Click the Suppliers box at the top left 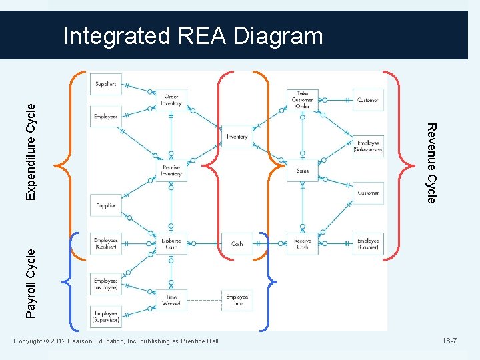pyautogui.click(x=106, y=85)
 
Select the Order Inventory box pyautogui.click(x=171, y=100)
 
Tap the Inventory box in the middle pyautogui.click(x=237, y=137)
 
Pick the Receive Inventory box pyautogui.click(x=171, y=171)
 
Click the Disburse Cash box pyautogui.click(x=171, y=244)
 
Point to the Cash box pyautogui.click(x=237, y=244)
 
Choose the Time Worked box pyautogui.click(x=171, y=300)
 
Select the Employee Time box pyautogui.click(x=237, y=300)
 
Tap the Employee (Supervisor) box pyautogui.click(x=106, y=317)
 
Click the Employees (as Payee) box pyautogui.click(x=106, y=285)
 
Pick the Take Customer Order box pyautogui.click(x=302, y=100)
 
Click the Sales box pyautogui.click(x=302, y=171)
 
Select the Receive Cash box pyautogui.click(x=302, y=244)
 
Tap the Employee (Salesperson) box pyautogui.click(x=369, y=146)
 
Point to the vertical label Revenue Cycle pyautogui.click(x=431, y=163)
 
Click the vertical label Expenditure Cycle pyautogui.click(x=31, y=150)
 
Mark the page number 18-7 pyautogui.click(x=449, y=341)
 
